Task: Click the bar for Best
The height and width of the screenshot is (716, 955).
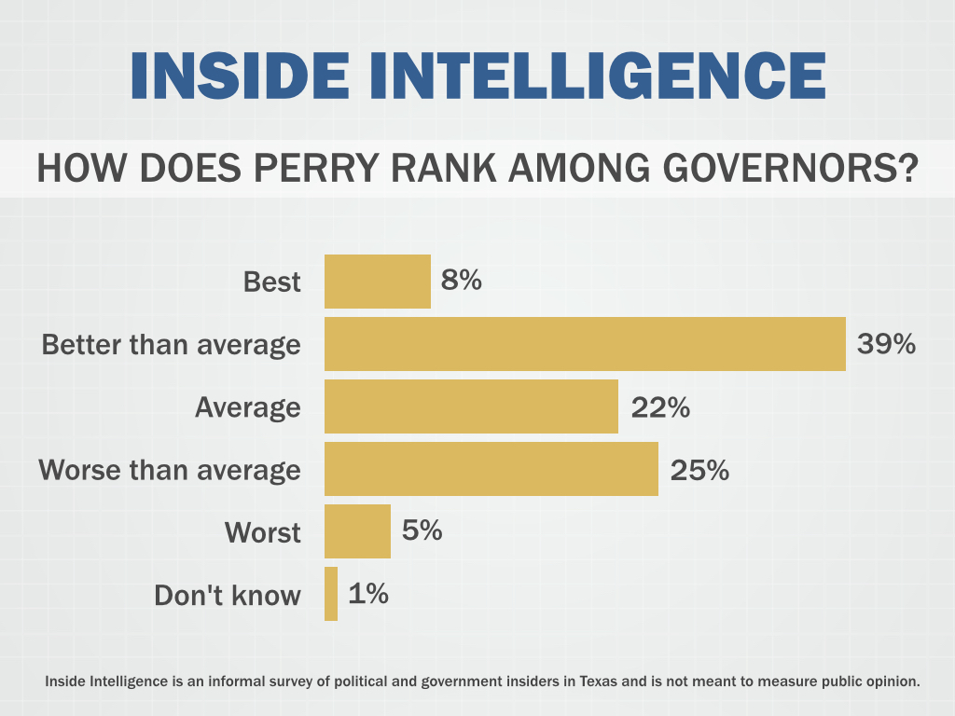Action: click(x=377, y=282)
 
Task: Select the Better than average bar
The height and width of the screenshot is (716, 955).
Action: click(x=585, y=344)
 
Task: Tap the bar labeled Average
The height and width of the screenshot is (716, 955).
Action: click(x=471, y=406)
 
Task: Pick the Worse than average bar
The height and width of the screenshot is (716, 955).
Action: click(x=491, y=469)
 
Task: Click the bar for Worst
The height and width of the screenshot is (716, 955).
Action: click(x=357, y=531)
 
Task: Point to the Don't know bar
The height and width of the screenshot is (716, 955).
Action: click(x=331, y=594)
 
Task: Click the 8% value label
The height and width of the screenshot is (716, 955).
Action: click(x=461, y=280)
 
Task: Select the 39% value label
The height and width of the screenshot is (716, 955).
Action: click(x=886, y=343)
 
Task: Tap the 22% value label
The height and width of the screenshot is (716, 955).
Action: click(x=660, y=406)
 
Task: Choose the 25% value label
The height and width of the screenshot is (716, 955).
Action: click(x=699, y=469)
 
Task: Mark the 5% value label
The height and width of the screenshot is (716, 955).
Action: click(x=422, y=530)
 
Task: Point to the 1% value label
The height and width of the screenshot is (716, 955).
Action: click(x=368, y=593)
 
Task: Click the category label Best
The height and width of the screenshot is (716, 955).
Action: click(x=272, y=282)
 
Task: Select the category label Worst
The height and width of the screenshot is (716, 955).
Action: click(x=263, y=532)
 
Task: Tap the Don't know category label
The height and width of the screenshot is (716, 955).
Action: click(x=228, y=595)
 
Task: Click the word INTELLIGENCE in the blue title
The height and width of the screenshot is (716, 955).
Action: click(x=598, y=76)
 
